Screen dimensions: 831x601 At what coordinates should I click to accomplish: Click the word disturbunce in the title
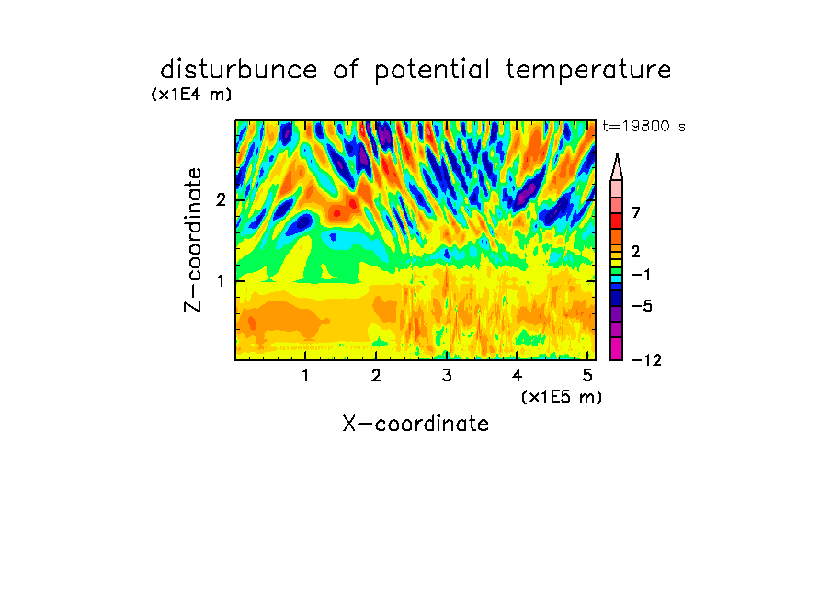point(238,69)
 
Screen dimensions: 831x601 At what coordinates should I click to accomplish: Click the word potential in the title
point(432,71)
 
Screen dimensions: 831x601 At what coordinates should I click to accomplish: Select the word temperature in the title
point(588,71)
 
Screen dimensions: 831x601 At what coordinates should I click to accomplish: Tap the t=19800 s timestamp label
point(643,126)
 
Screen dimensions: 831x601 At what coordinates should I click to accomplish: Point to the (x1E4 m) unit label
point(191,95)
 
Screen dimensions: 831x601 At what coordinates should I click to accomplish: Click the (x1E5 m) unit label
point(562,396)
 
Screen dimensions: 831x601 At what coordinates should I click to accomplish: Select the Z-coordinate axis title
point(193,240)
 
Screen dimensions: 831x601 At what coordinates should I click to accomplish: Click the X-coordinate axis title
point(415,424)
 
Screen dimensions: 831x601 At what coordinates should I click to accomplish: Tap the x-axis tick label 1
point(305,376)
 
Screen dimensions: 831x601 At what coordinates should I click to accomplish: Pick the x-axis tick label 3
point(447,376)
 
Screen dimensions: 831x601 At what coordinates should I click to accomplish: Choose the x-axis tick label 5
point(587,376)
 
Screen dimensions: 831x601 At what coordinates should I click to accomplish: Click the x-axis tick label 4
point(517,376)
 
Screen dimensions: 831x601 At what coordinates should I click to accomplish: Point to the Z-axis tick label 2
point(221,199)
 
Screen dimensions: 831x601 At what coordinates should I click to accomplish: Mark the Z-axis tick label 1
point(221,280)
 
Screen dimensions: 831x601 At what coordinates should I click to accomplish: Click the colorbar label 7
point(636,212)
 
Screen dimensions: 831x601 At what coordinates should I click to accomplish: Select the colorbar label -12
point(646,360)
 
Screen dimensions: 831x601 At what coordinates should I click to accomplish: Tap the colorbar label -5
point(642,306)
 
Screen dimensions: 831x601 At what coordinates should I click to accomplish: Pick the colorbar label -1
point(641,275)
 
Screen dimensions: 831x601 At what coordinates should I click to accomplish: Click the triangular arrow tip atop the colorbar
point(617,154)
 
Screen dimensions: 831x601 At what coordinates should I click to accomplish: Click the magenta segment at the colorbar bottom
point(617,348)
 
